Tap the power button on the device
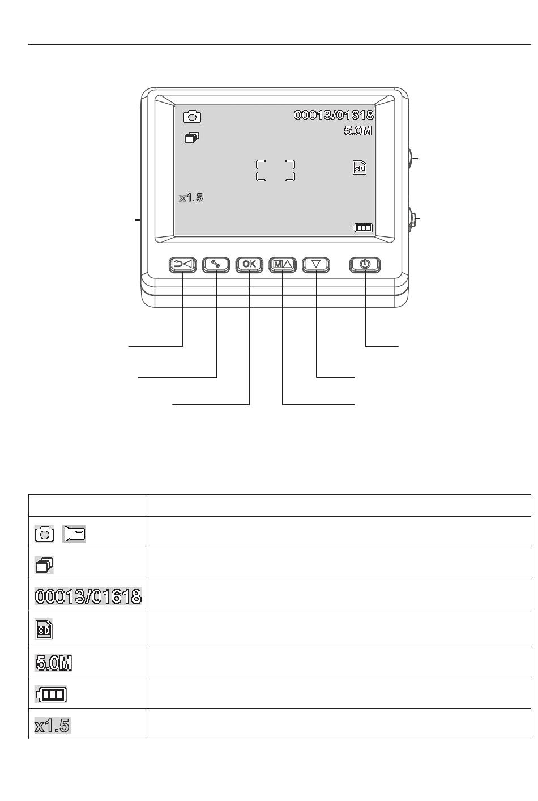(365, 265)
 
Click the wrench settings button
(216, 265)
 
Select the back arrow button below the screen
(182, 265)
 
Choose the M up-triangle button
(282, 265)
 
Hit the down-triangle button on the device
(316, 265)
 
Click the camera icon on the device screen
(192, 117)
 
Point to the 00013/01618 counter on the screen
(334, 115)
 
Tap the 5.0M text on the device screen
(358, 131)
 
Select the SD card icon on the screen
(360, 167)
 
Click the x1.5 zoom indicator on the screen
(191, 198)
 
